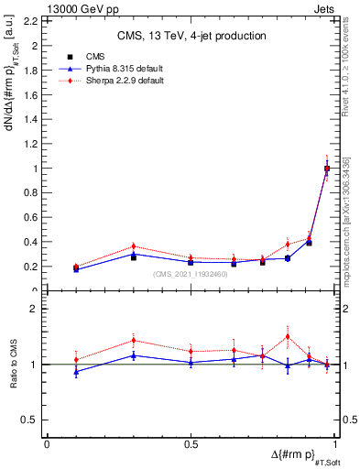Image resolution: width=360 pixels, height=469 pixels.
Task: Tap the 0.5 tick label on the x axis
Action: (191, 444)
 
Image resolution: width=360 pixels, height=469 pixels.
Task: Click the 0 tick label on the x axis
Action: (47, 444)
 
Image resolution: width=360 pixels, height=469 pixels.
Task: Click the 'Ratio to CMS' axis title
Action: (13, 365)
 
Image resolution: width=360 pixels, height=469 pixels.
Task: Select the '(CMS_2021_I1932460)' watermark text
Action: (191, 274)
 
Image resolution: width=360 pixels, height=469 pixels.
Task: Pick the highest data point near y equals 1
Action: (327, 168)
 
